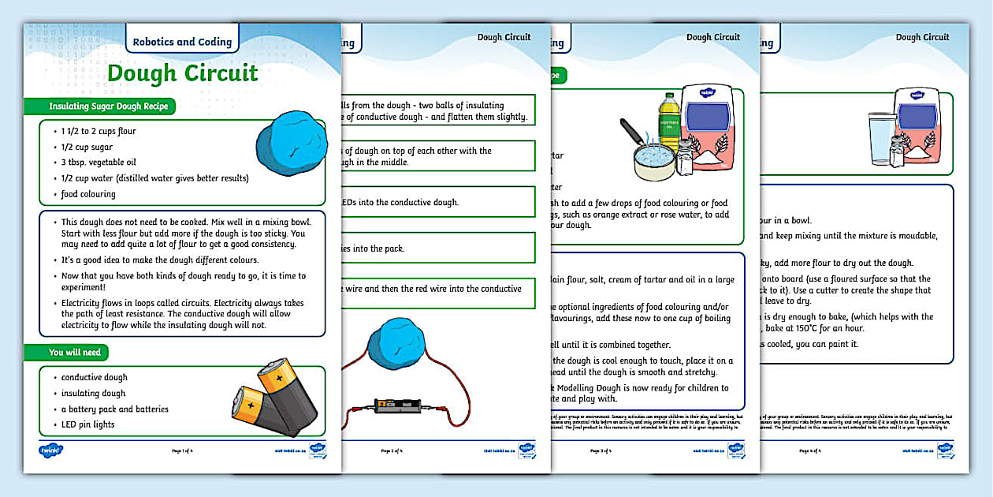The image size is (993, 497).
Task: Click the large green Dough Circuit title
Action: pos(182,73)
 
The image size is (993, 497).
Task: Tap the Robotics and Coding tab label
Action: pos(182,42)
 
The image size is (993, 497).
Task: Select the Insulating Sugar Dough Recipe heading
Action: pos(108,106)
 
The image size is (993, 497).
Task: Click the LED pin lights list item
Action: pos(87,424)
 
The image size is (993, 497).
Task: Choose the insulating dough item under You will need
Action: pos(93,393)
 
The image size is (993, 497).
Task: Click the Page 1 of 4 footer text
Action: pos(182,451)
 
